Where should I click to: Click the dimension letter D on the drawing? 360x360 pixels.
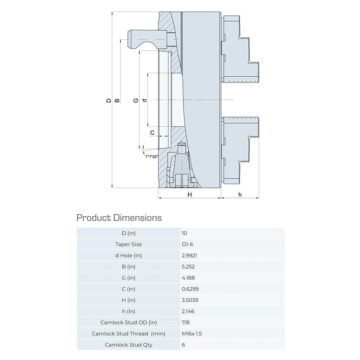109,100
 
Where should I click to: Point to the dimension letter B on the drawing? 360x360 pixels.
117,100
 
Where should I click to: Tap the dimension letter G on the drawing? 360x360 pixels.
136,100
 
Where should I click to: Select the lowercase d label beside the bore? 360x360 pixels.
144,100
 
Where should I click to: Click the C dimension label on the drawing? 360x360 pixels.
152,133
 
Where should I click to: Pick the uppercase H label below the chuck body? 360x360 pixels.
190,195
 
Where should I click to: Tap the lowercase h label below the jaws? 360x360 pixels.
240,195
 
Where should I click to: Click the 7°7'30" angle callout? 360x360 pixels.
152,157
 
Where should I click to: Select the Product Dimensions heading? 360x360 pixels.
119,218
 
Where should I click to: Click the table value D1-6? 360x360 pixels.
187,244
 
